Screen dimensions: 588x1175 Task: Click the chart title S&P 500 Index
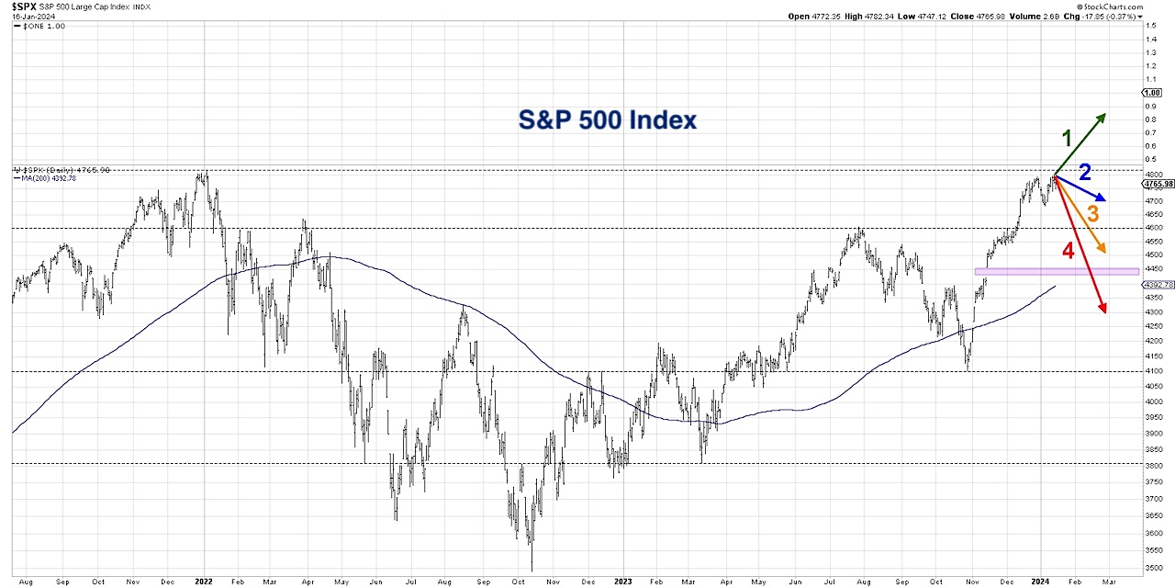607,120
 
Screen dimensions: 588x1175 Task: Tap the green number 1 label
1067,139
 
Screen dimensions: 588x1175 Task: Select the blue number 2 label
1084,172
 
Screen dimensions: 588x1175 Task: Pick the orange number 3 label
1092,214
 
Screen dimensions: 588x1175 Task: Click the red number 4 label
1068,250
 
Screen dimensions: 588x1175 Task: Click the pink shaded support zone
1056,271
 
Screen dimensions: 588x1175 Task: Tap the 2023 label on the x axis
622,582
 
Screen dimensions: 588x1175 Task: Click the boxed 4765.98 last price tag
1158,185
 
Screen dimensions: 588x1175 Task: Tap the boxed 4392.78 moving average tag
1158,285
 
